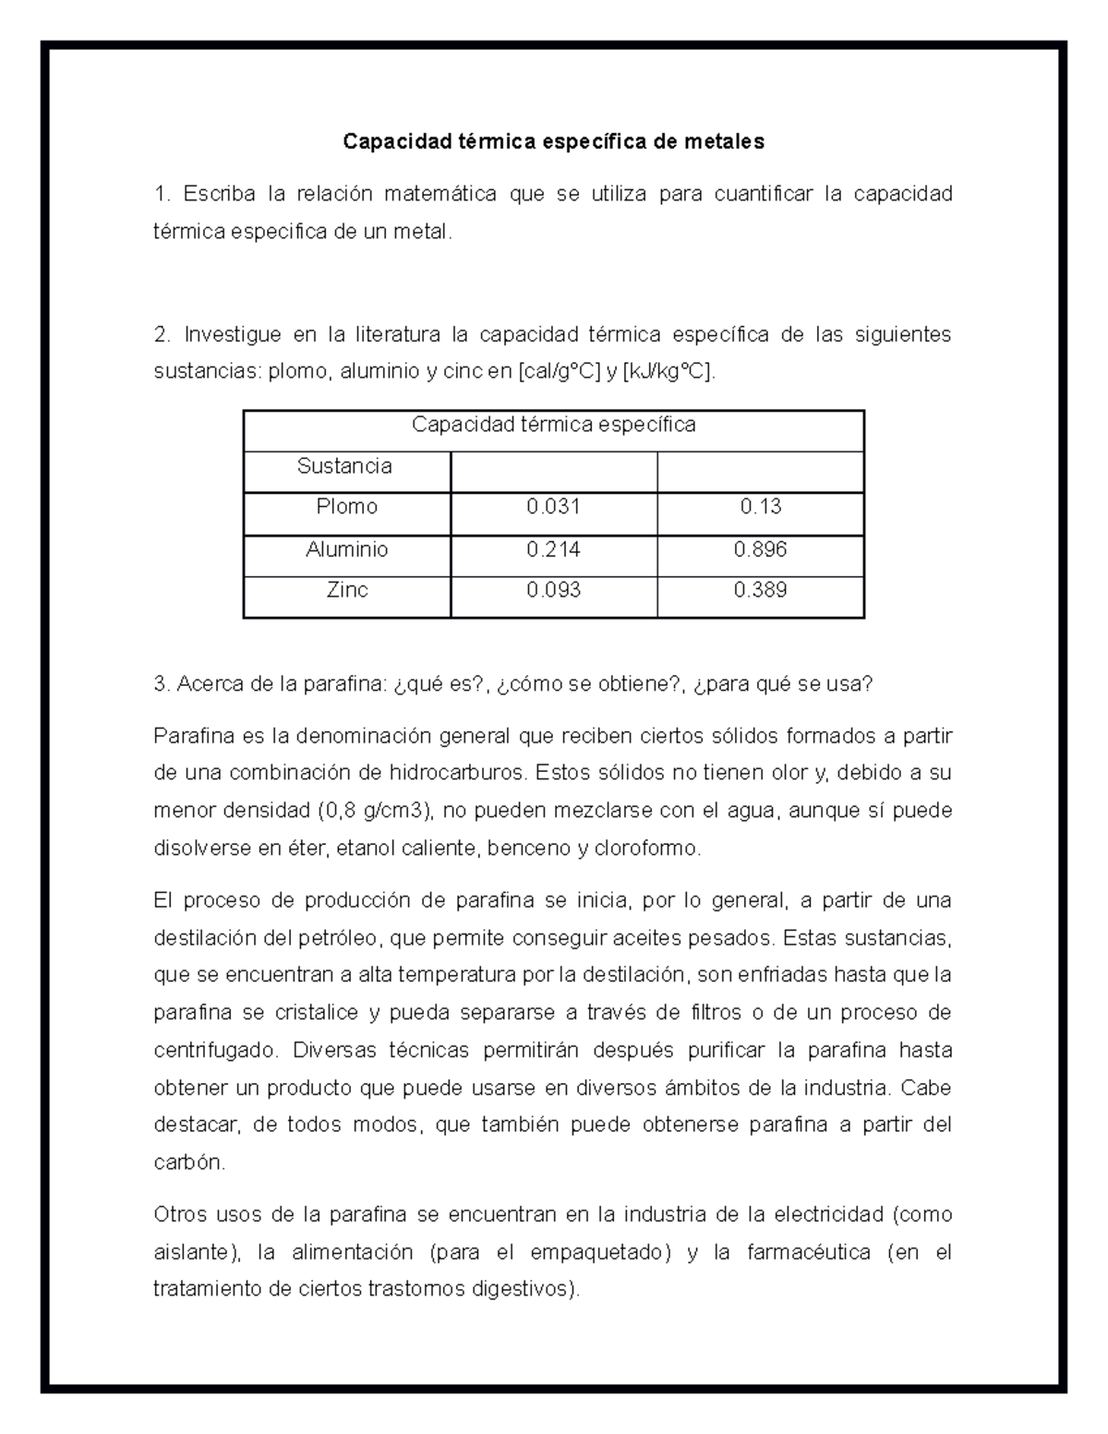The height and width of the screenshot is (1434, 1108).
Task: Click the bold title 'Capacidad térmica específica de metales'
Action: click(553, 141)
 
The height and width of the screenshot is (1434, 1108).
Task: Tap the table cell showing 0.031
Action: click(553, 507)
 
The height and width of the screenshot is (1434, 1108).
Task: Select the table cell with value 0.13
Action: click(760, 507)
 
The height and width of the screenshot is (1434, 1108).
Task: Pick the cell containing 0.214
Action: click(553, 549)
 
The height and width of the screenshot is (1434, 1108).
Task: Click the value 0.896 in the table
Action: click(760, 549)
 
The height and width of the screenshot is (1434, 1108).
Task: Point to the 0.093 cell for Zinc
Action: click(553, 590)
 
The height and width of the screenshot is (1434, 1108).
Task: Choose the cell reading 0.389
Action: click(760, 590)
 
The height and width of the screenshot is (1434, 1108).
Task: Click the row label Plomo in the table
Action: click(346, 507)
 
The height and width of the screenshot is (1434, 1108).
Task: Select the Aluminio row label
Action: click(346, 549)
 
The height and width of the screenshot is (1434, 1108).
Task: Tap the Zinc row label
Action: click(346, 590)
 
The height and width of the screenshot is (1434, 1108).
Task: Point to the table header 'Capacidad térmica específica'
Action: click(553, 425)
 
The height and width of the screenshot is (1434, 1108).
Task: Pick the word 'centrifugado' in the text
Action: click(216, 1050)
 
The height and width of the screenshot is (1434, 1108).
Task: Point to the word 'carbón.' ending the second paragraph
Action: click(189, 1163)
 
